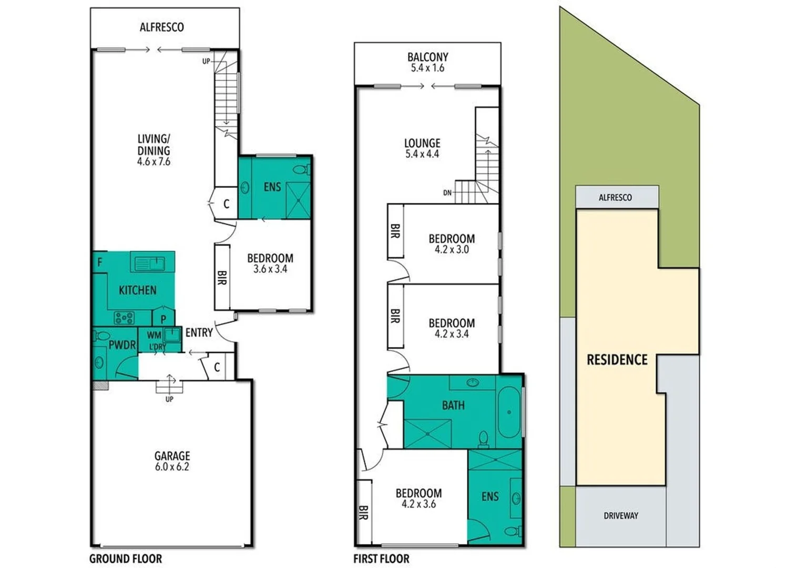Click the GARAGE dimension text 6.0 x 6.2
tap(172, 466)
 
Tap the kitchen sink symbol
tap(150, 262)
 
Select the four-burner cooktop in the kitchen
tap(125, 318)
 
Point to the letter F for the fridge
tap(100, 262)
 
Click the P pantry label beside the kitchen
tap(163, 319)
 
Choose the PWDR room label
tap(122, 345)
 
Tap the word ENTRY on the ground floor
tap(199, 332)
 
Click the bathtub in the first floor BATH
tap(508, 412)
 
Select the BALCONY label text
tap(427, 57)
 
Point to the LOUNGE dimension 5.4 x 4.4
tap(422, 154)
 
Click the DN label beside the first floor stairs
tap(447, 193)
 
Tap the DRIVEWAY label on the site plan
tap(620, 515)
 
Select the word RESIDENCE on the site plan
tap(617, 360)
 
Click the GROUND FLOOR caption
tap(126, 559)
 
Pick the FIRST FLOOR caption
tap(381, 559)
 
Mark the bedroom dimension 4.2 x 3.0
tap(452, 250)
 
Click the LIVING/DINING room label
tap(154, 145)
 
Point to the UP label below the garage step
tap(169, 399)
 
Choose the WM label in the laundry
tap(154, 335)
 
